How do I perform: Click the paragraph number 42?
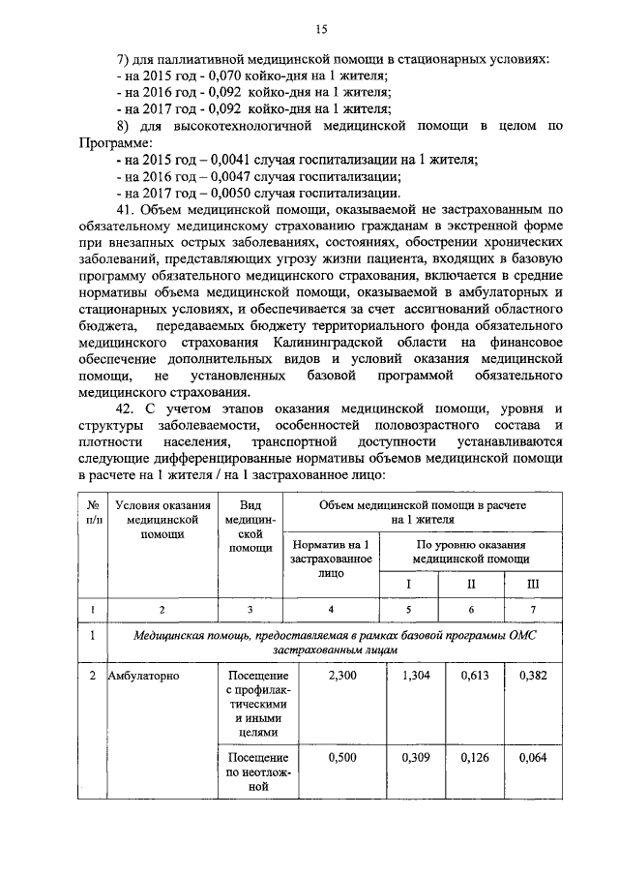tap(128, 409)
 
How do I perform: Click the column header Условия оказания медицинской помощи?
tap(162, 519)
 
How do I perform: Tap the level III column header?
tap(533, 584)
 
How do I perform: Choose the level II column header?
tap(471, 584)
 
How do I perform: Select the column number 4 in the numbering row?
tap(332, 609)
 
